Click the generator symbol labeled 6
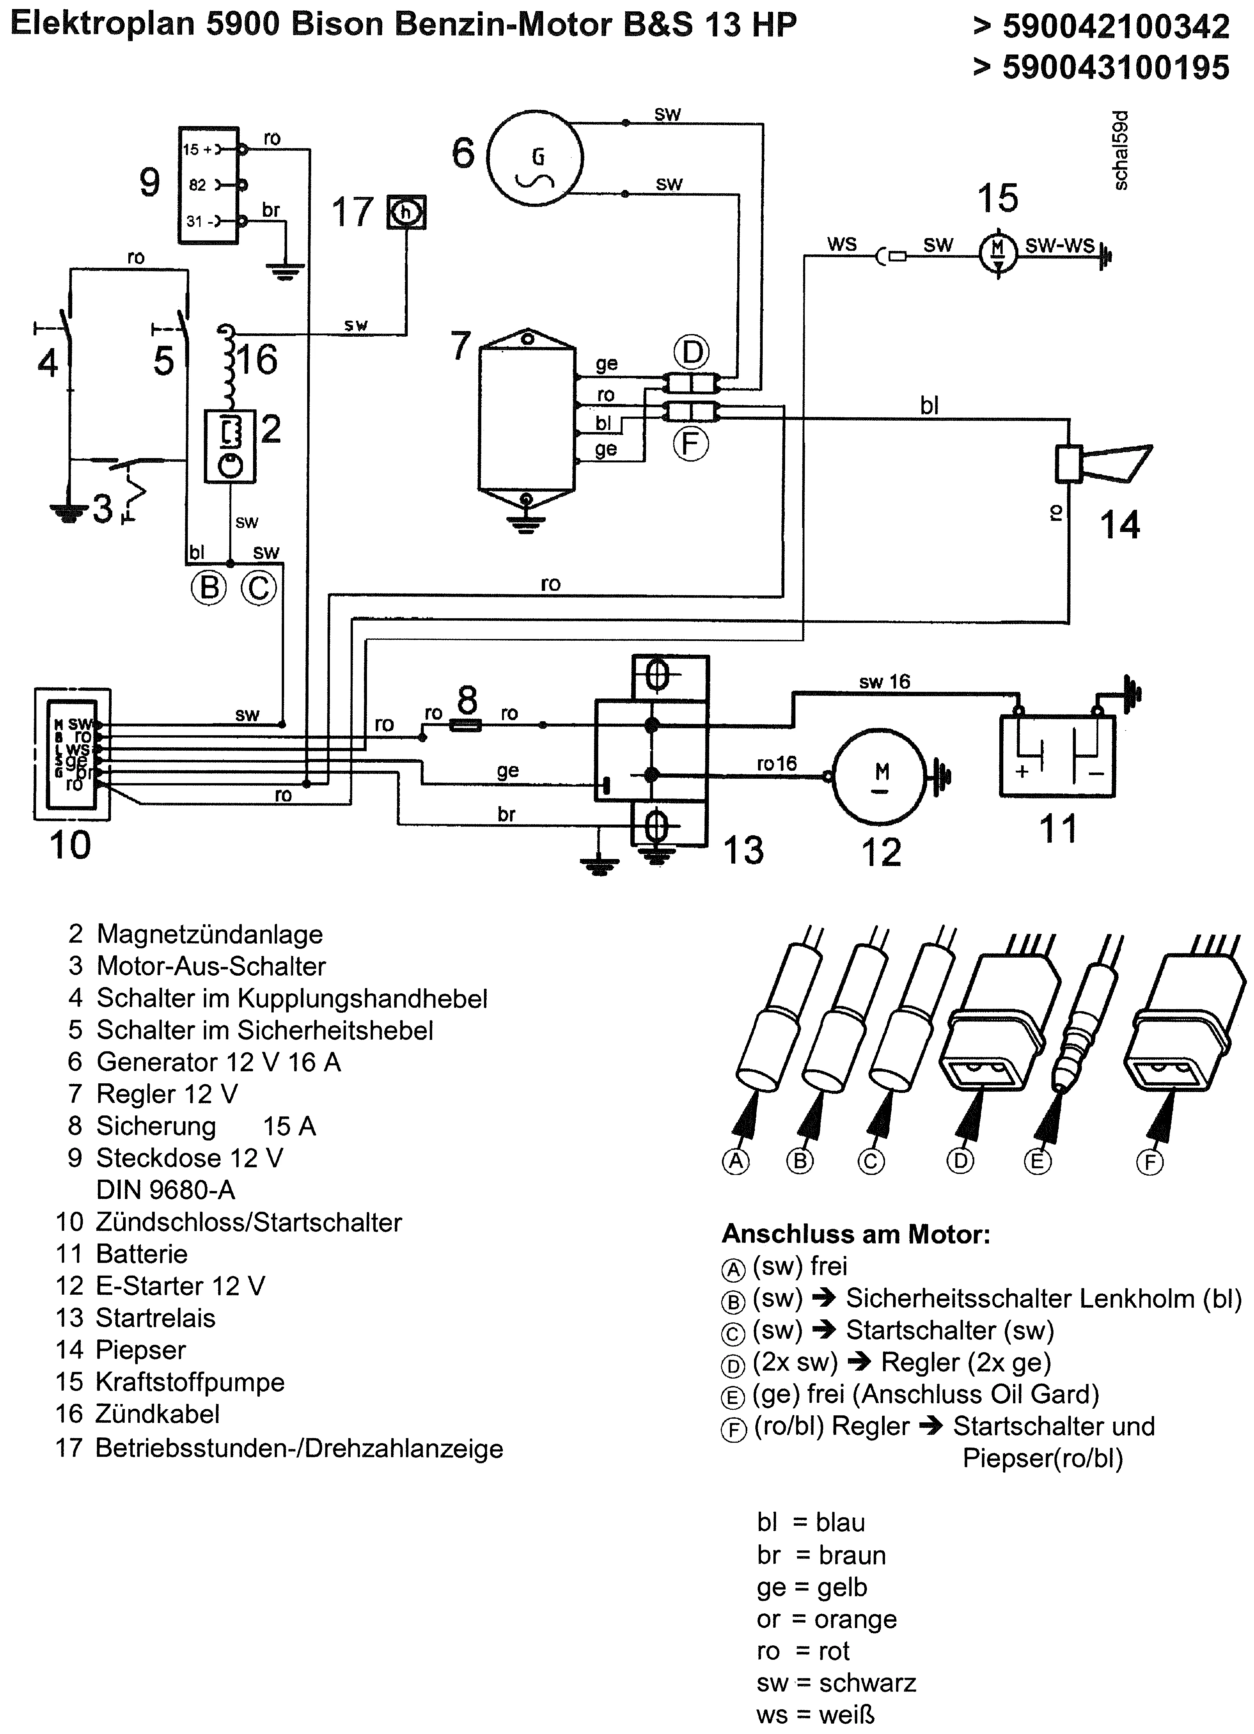point(535,158)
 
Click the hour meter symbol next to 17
point(406,213)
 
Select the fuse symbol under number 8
point(465,724)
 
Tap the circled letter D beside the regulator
point(692,352)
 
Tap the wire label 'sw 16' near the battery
point(884,681)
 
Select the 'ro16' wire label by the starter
point(776,763)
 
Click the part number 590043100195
point(1115,67)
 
